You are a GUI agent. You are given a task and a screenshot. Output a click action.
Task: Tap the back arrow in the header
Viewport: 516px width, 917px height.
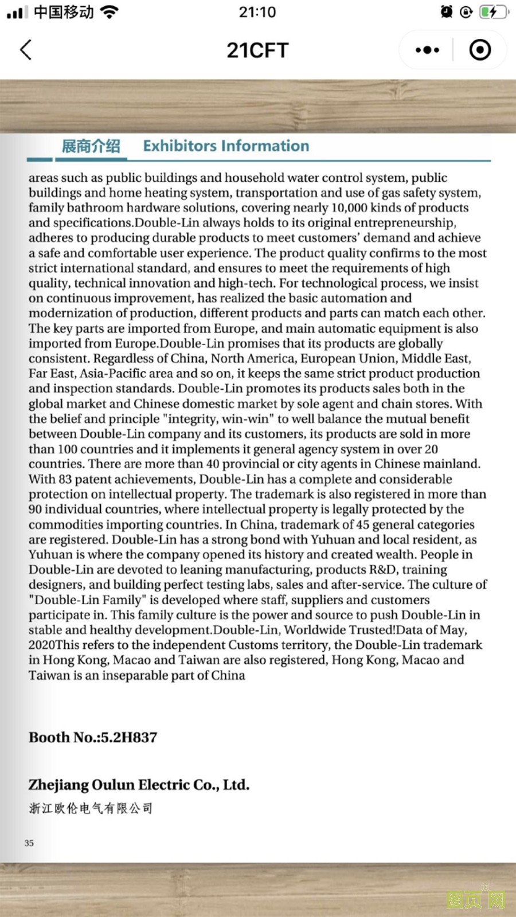pyautogui.click(x=26, y=50)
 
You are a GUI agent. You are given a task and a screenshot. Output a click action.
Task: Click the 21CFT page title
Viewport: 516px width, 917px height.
pyautogui.click(x=257, y=50)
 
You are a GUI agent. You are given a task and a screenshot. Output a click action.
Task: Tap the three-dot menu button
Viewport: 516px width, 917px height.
pyautogui.click(x=427, y=50)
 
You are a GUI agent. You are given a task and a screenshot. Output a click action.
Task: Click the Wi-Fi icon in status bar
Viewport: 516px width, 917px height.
pyautogui.click(x=109, y=12)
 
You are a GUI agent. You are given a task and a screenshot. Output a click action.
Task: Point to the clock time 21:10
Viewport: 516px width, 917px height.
pyautogui.click(x=257, y=12)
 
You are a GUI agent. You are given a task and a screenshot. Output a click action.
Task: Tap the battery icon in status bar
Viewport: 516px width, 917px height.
pyautogui.click(x=492, y=12)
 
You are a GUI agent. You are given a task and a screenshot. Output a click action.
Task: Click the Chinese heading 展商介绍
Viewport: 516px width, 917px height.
pyautogui.click(x=91, y=146)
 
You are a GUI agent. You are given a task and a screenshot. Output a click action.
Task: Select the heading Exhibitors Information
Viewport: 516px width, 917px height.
pyautogui.click(x=226, y=146)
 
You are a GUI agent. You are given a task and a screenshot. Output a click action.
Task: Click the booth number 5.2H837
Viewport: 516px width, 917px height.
pyautogui.click(x=128, y=738)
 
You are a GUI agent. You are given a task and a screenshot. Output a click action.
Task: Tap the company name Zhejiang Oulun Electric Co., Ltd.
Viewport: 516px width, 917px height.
pyautogui.click(x=139, y=785)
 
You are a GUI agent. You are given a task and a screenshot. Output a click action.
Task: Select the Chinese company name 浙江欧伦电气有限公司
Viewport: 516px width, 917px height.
pyautogui.click(x=91, y=809)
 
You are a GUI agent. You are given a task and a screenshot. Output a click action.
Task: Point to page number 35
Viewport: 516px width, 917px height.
pyautogui.click(x=29, y=843)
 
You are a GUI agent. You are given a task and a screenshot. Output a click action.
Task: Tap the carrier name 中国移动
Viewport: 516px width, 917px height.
pyautogui.click(x=64, y=12)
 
